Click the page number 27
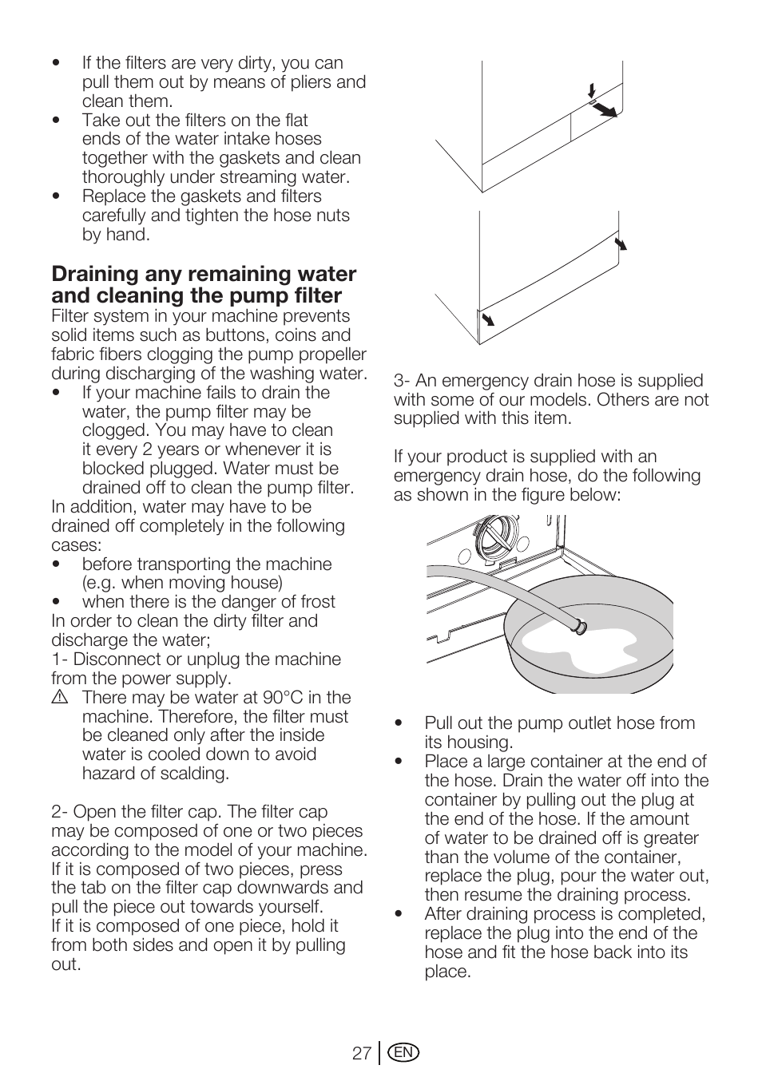pyautogui.click(x=361, y=1053)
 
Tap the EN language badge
pyautogui.click(x=404, y=1053)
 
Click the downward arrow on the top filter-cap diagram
pyautogui.click(x=591, y=89)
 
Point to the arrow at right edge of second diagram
pyautogui.click(x=621, y=243)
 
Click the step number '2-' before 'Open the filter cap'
pyautogui.click(x=60, y=812)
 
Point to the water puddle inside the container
pyautogui.click(x=591, y=647)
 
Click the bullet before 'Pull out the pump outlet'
pyautogui.click(x=399, y=724)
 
